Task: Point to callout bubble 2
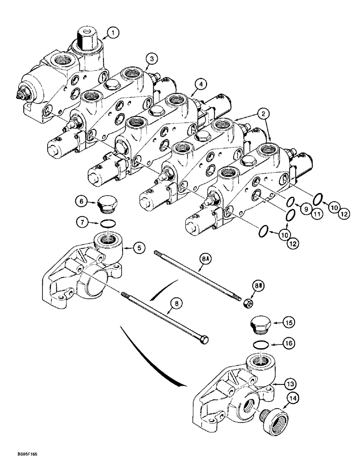264,113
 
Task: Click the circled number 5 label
138,248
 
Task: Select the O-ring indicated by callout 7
108,222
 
